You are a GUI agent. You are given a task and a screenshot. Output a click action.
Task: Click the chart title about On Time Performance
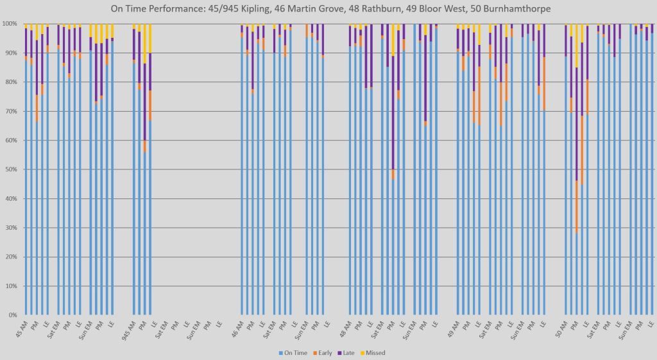[328, 8]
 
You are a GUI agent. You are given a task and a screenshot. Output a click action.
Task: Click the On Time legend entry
[296, 353]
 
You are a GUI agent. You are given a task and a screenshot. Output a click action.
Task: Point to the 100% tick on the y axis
[9, 24]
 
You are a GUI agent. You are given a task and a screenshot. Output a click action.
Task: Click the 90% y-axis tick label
[10, 53]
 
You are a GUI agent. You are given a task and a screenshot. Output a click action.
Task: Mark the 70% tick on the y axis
[10, 112]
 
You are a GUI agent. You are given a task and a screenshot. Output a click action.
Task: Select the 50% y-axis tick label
[10, 169]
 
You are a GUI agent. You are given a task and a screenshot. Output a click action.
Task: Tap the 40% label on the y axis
[10, 199]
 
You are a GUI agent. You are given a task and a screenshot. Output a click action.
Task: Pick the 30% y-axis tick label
[10, 228]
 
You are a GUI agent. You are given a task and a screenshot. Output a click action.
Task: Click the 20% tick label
[10, 257]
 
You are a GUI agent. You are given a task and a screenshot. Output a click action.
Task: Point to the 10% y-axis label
[10, 286]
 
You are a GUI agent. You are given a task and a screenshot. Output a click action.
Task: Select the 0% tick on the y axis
[12, 315]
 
